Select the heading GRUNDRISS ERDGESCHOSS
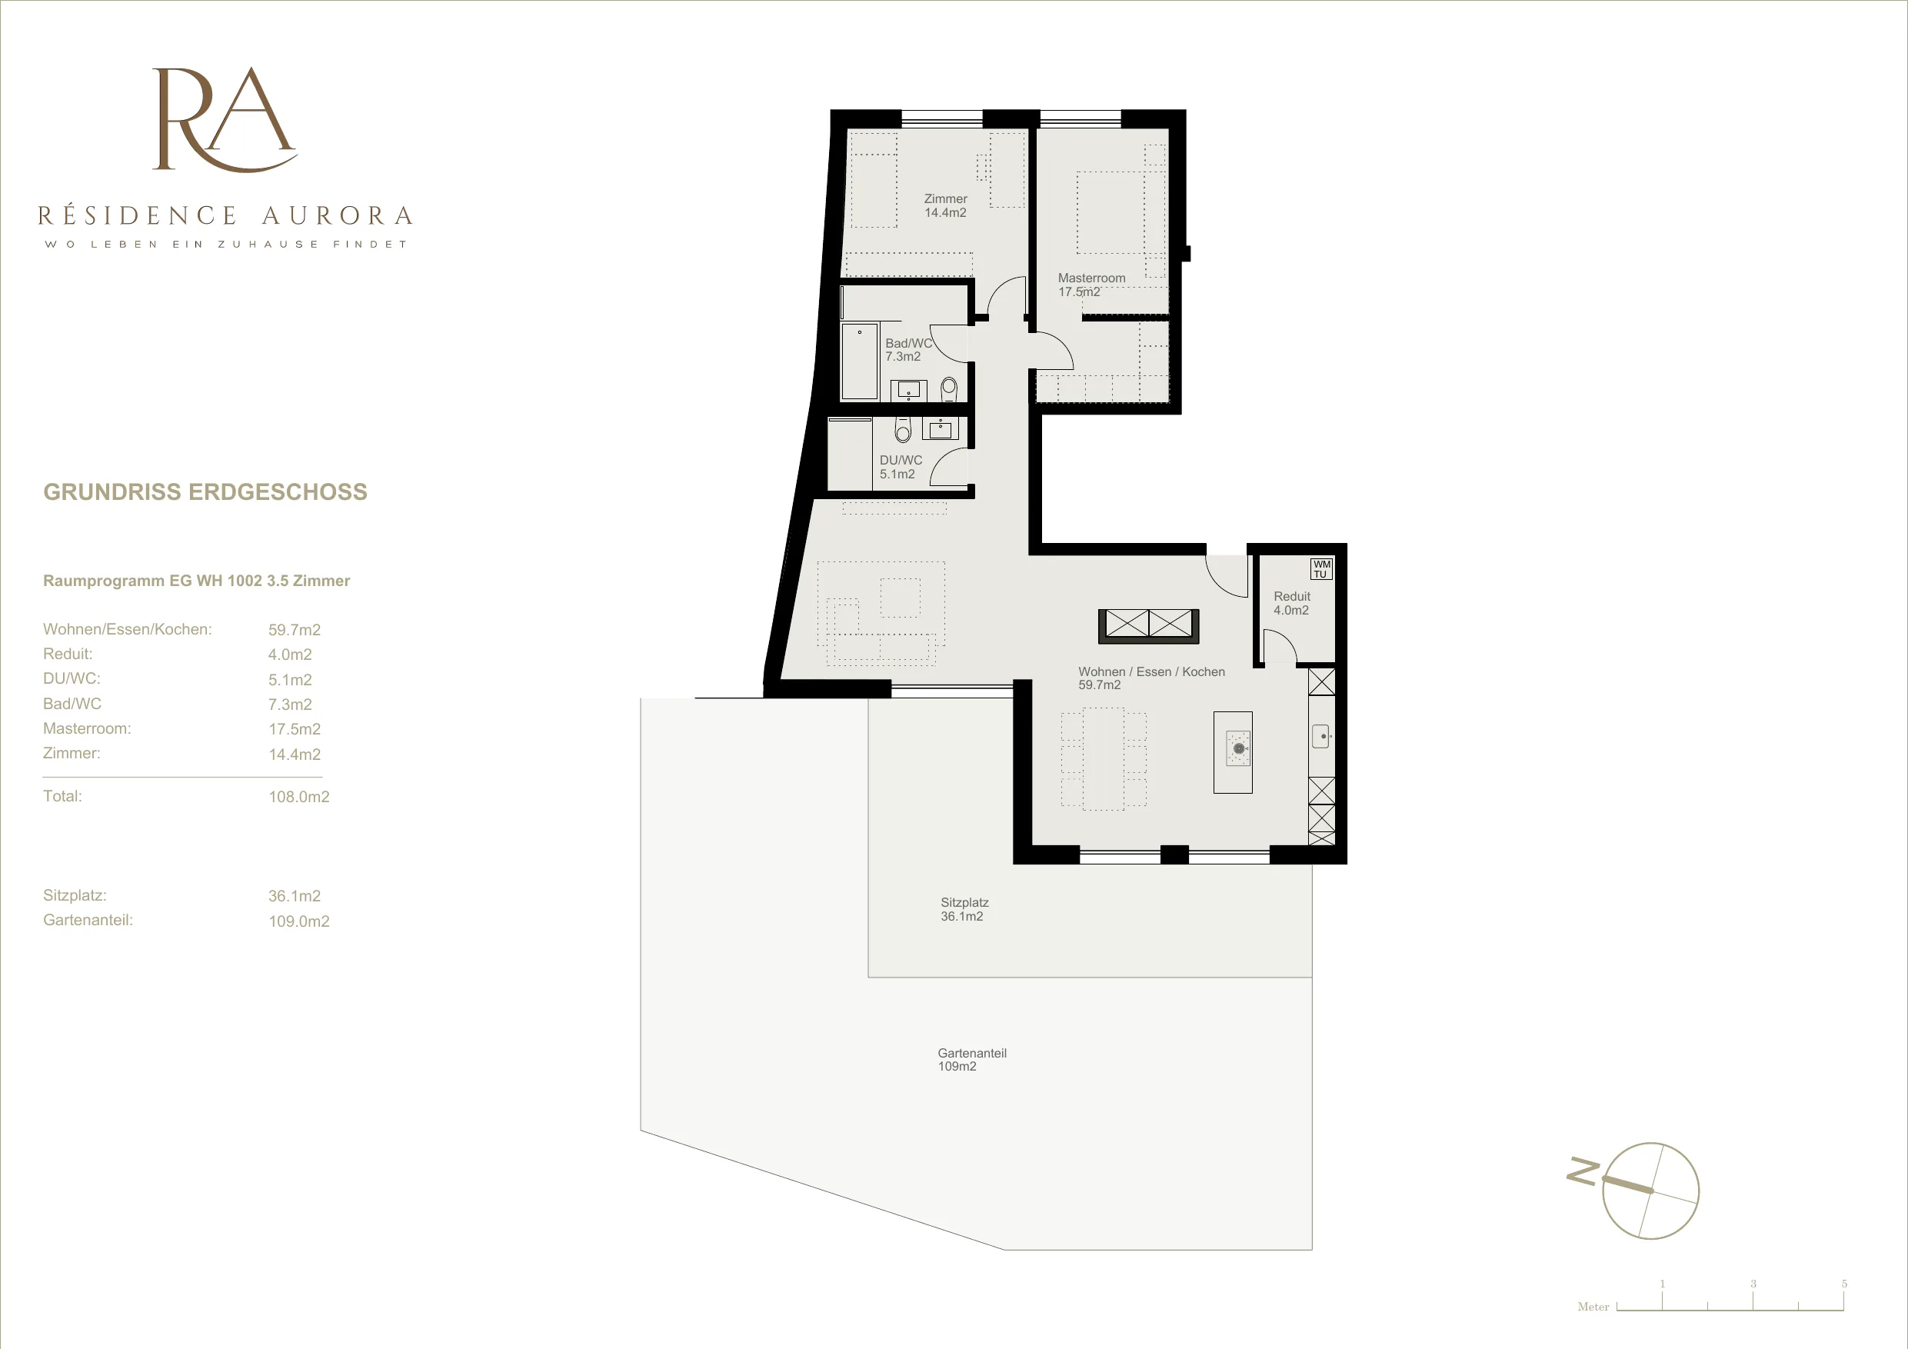point(205,492)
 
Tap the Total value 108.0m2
point(299,796)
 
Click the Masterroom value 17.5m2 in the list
point(295,729)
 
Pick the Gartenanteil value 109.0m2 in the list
point(299,921)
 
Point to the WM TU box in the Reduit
point(1321,568)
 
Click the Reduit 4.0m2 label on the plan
point(1291,604)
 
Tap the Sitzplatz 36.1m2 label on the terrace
point(964,909)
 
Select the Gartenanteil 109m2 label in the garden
point(971,1060)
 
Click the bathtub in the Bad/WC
point(859,362)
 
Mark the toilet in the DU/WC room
point(904,430)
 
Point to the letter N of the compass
point(1582,1171)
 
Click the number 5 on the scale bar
point(1844,1284)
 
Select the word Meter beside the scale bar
point(1593,1307)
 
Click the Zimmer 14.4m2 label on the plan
point(946,206)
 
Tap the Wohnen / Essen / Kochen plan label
point(1152,678)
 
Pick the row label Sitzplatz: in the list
point(75,895)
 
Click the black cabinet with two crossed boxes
point(1148,626)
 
